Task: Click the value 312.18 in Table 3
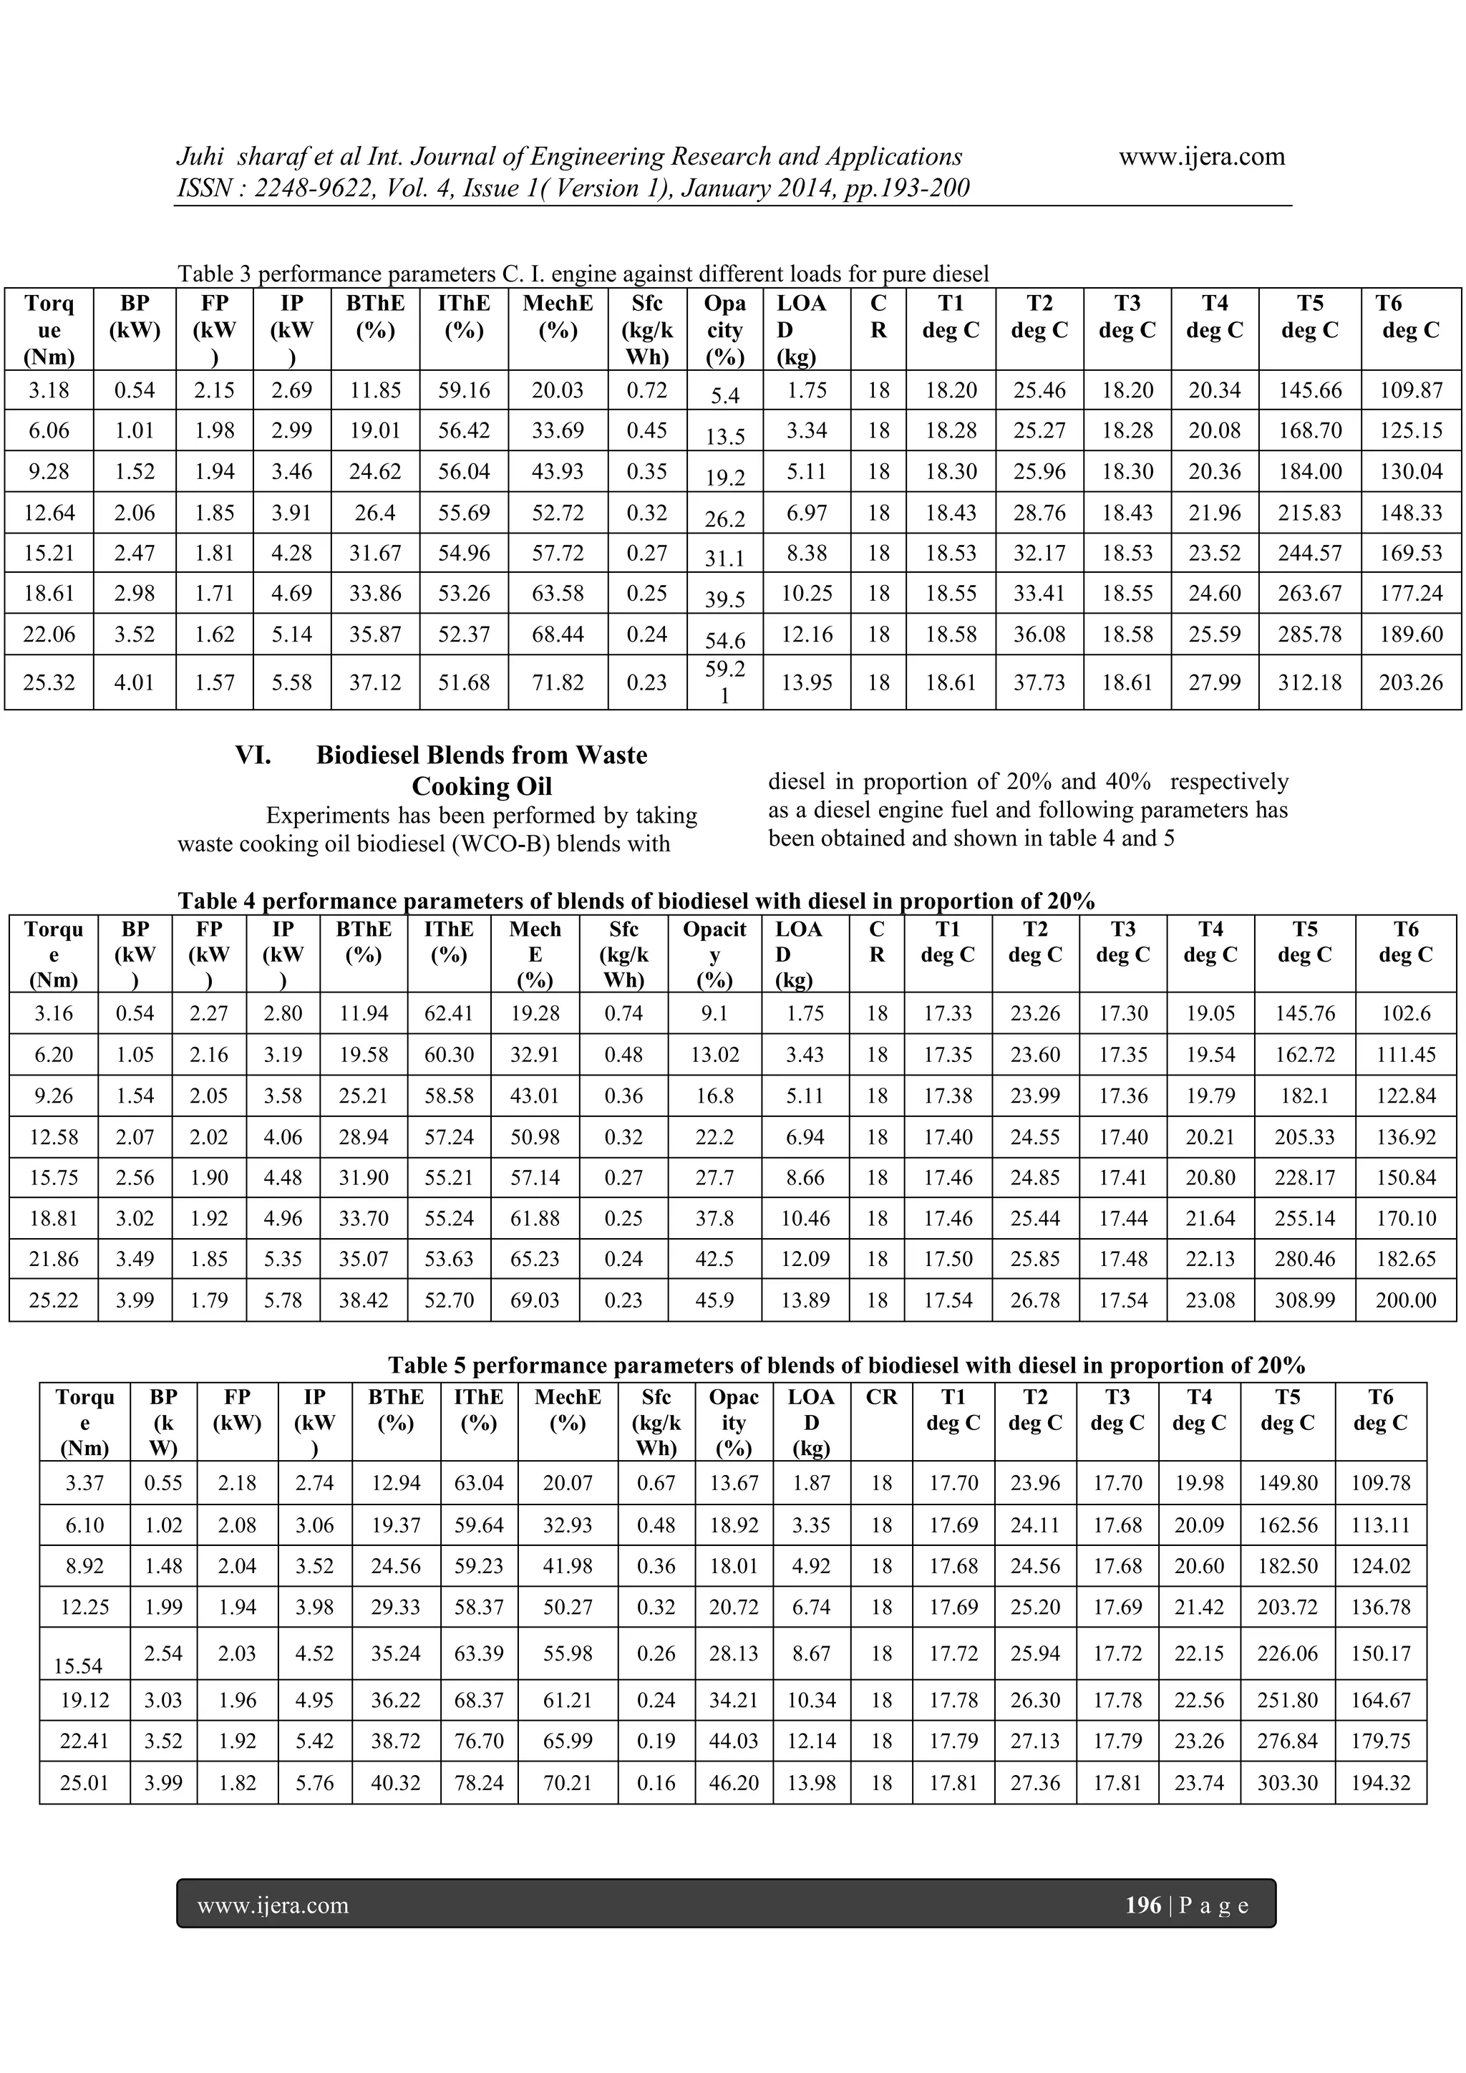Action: point(1309,682)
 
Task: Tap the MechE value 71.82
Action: point(557,682)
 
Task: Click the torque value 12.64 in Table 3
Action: point(49,513)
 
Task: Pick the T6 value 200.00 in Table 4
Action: point(1406,1300)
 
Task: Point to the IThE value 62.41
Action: point(449,1013)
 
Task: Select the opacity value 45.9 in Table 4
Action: point(714,1300)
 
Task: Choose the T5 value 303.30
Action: point(1287,1783)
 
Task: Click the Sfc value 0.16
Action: point(656,1783)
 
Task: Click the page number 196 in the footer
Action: point(1143,1905)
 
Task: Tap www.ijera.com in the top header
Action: point(1202,157)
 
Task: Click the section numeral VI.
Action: point(253,755)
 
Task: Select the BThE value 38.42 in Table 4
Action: point(364,1300)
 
